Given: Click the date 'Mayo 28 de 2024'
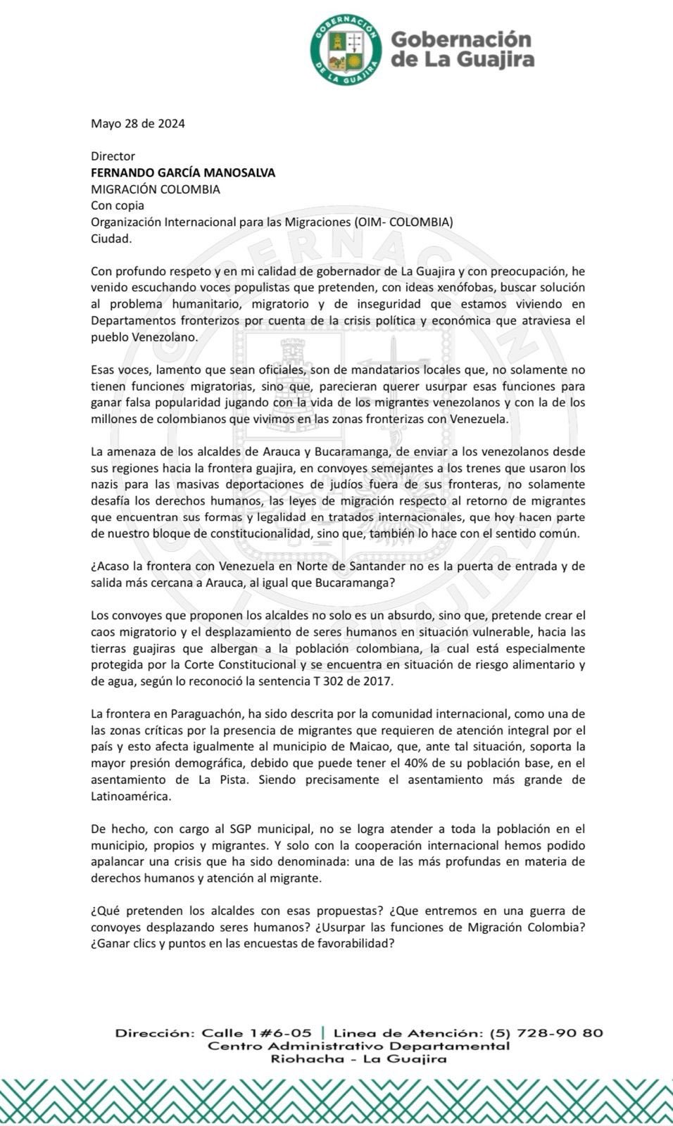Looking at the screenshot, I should [x=138, y=124].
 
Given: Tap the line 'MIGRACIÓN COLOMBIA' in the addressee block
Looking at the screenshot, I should [x=156, y=189].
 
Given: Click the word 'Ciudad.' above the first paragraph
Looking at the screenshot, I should [x=111, y=239].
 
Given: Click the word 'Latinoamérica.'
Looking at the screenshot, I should [x=131, y=796].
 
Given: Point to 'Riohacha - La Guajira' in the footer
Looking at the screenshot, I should [x=359, y=1059].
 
